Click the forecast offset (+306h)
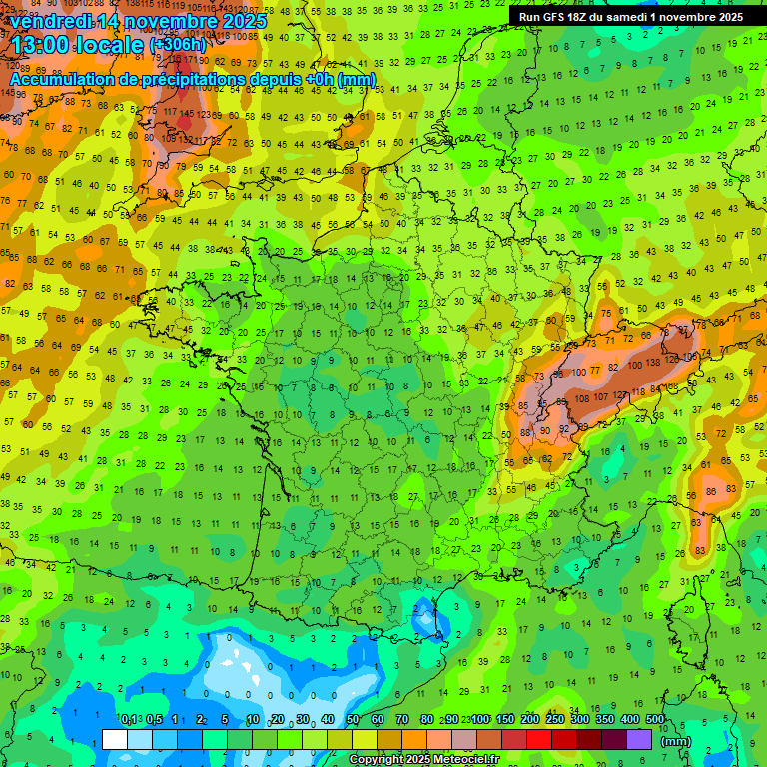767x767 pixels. pyautogui.click(x=178, y=45)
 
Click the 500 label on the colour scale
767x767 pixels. pyautogui.click(x=655, y=720)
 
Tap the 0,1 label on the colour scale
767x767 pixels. pyautogui.click(x=128, y=720)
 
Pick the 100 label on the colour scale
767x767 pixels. pyautogui.click(x=480, y=720)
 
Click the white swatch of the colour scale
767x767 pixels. pyautogui.click(x=115, y=739)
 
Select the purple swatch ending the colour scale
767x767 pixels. pyautogui.click(x=640, y=739)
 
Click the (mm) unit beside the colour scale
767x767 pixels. pyautogui.click(x=676, y=741)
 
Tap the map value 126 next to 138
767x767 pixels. pyautogui.click(x=675, y=359)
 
